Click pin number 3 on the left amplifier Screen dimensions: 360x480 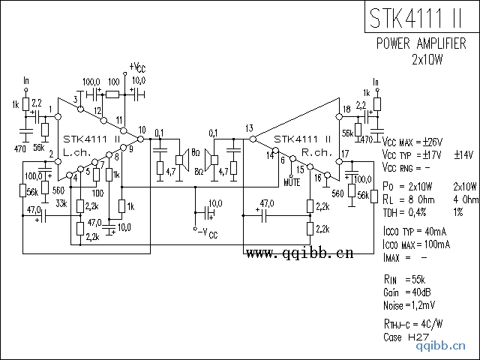pos(76,100)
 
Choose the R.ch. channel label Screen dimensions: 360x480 pos(316,151)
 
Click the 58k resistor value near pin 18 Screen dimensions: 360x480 pos(347,133)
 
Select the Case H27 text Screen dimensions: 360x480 pos(405,337)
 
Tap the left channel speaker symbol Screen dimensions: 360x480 pos(181,158)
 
